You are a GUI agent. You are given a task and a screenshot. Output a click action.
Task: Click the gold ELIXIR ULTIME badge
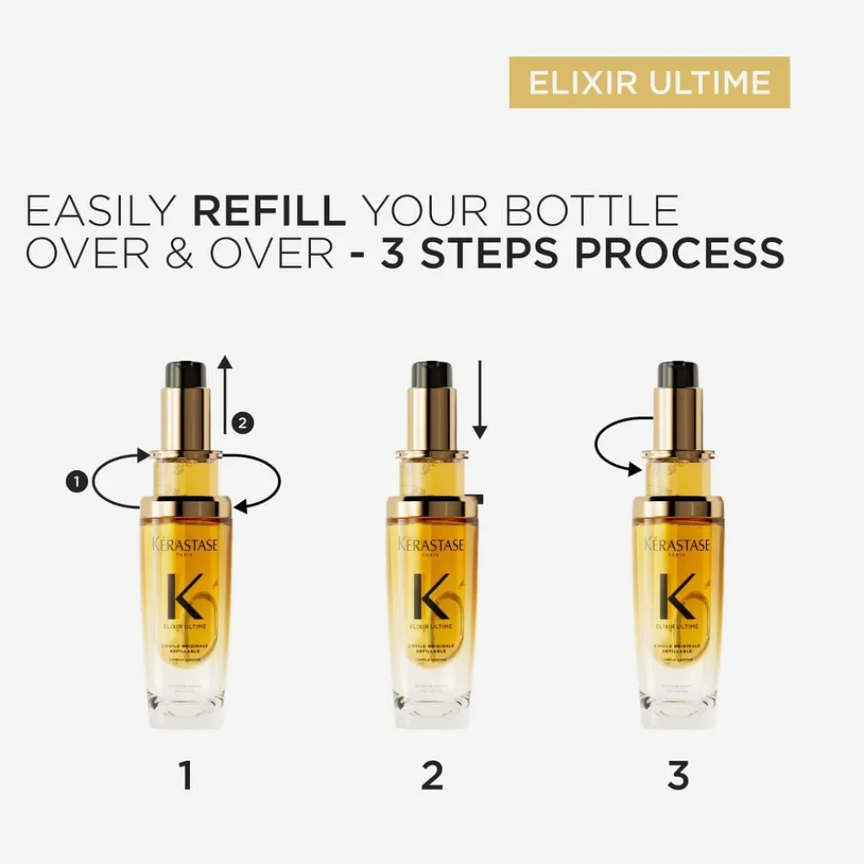[649, 82]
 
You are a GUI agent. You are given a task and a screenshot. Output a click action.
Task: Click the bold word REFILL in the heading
[270, 212]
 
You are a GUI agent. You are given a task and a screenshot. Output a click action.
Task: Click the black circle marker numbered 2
[243, 422]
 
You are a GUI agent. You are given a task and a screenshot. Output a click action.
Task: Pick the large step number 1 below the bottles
[185, 775]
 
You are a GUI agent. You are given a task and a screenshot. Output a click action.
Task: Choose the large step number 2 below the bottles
[431, 775]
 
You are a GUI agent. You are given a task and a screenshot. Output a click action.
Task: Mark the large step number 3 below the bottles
[678, 775]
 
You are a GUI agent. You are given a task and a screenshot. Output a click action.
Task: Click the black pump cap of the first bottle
[186, 374]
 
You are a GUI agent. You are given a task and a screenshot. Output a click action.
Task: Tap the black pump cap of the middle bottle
[432, 374]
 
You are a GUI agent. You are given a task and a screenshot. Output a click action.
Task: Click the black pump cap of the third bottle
[678, 374]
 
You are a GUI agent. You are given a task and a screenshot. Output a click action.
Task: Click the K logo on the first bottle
[185, 596]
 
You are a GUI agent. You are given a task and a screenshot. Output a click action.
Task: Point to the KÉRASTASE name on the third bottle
[678, 544]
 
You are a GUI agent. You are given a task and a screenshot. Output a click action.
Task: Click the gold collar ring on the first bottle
[186, 507]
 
